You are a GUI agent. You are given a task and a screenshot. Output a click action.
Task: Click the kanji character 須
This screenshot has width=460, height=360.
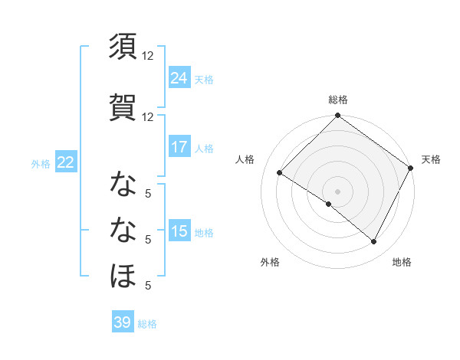pyautogui.click(x=123, y=47)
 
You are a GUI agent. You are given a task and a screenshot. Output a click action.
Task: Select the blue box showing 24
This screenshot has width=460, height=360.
pyautogui.click(x=179, y=78)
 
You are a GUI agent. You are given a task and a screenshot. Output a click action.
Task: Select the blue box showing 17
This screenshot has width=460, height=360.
pyautogui.click(x=179, y=147)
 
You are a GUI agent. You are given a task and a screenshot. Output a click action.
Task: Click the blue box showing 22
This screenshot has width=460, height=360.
pyautogui.click(x=65, y=162)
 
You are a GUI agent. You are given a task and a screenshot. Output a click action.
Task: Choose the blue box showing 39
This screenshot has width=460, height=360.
pyautogui.click(x=123, y=322)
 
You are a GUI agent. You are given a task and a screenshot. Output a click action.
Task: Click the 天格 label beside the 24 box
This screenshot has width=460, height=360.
pyautogui.click(x=204, y=79)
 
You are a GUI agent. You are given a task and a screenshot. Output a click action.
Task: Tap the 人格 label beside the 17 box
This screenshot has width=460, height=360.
pyautogui.click(x=204, y=148)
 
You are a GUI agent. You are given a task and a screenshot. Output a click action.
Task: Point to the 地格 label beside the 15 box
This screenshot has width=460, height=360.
pyautogui.click(x=204, y=232)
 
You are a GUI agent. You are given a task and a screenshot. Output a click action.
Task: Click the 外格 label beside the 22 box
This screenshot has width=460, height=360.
pyautogui.click(x=41, y=163)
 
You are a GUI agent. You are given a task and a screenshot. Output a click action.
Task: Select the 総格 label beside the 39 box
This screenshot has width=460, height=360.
pyautogui.click(x=147, y=323)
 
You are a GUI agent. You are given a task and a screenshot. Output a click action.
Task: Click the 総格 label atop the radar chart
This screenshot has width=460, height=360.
pyautogui.click(x=338, y=100)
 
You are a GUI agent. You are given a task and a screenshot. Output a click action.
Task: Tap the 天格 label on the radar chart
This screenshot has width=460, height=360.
pyautogui.click(x=431, y=159)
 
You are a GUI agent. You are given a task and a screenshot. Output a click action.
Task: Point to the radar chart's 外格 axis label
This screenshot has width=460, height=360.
pyautogui.click(x=270, y=262)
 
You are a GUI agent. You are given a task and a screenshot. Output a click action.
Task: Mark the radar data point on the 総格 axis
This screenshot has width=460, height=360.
pyautogui.click(x=338, y=116)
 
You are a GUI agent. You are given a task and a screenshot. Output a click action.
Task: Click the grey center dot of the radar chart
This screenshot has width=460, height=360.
pyautogui.click(x=338, y=190)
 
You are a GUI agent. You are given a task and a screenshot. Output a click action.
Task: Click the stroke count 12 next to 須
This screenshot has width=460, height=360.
pyautogui.click(x=148, y=56)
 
